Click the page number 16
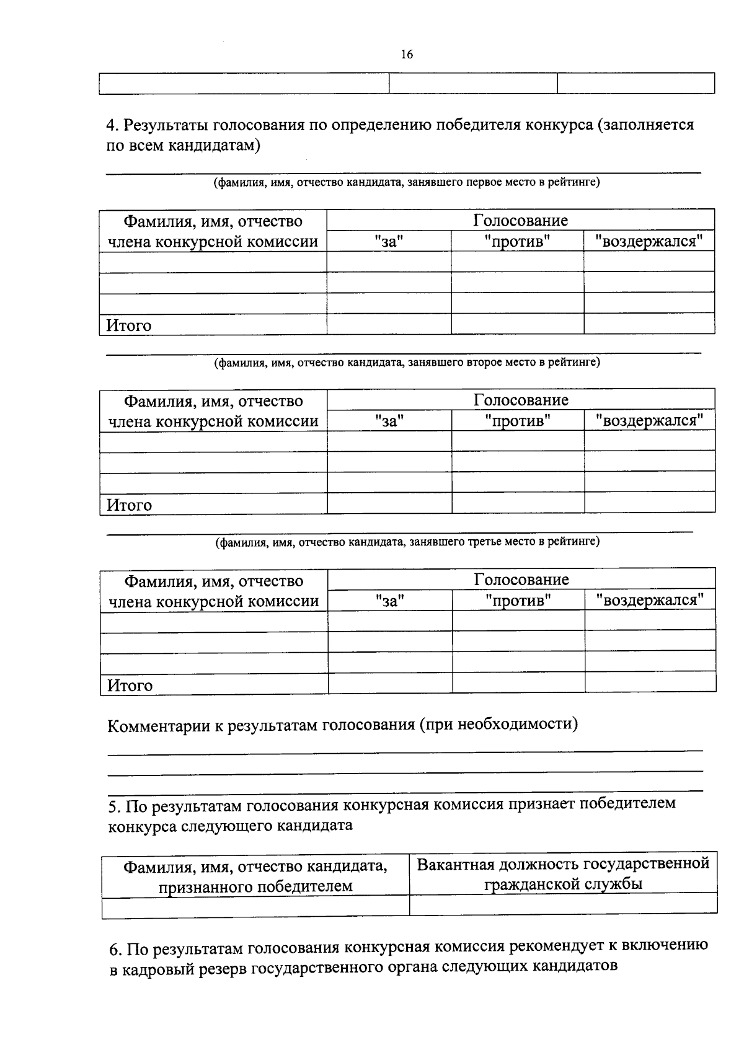click(407, 55)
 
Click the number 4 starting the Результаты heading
click(111, 125)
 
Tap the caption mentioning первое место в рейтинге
click(407, 182)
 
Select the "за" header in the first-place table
click(389, 241)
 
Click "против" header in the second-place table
click(518, 421)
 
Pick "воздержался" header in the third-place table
click(650, 600)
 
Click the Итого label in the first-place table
click(129, 325)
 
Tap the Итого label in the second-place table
click(130, 505)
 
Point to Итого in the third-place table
click(130, 686)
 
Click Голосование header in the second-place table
click(521, 400)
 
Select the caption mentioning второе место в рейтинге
click(407, 362)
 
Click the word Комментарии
click(159, 725)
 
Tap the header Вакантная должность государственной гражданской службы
click(563, 873)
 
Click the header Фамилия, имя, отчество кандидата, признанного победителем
click(255, 876)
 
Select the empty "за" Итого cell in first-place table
click(389, 324)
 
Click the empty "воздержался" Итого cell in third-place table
click(650, 682)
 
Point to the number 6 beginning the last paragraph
click(114, 949)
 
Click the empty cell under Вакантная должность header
click(563, 904)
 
